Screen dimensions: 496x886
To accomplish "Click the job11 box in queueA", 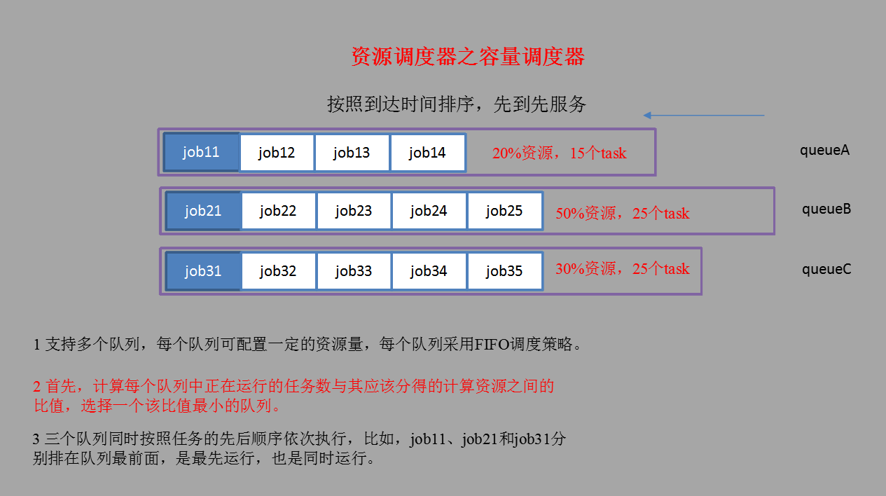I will (x=202, y=152).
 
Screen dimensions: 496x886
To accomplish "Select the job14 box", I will (x=427, y=152).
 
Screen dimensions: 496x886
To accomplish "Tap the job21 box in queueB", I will (x=203, y=211).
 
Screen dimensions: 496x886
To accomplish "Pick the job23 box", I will (x=354, y=211).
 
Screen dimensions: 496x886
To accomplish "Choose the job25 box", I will (x=504, y=211).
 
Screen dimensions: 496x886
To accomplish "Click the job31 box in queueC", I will (x=203, y=270).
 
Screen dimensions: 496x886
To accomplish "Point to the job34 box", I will (x=429, y=270).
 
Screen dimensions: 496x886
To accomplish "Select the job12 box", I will (x=277, y=152).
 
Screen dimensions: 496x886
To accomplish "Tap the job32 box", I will (x=278, y=270).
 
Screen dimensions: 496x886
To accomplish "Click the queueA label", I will (x=825, y=150).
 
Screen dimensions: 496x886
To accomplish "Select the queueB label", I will (x=826, y=209).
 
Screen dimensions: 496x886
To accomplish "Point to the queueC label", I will (x=826, y=268).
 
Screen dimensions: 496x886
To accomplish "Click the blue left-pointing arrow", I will (x=703, y=115).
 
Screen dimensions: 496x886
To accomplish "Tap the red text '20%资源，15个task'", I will (x=559, y=153).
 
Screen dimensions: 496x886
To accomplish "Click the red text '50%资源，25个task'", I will (x=622, y=214).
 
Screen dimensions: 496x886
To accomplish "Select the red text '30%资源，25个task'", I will (x=622, y=268).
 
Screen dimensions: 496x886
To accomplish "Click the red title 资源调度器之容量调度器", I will (x=467, y=57).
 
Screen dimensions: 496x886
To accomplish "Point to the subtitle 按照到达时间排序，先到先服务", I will (x=457, y=104).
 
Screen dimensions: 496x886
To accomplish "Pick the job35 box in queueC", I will (x=504, y=270).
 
